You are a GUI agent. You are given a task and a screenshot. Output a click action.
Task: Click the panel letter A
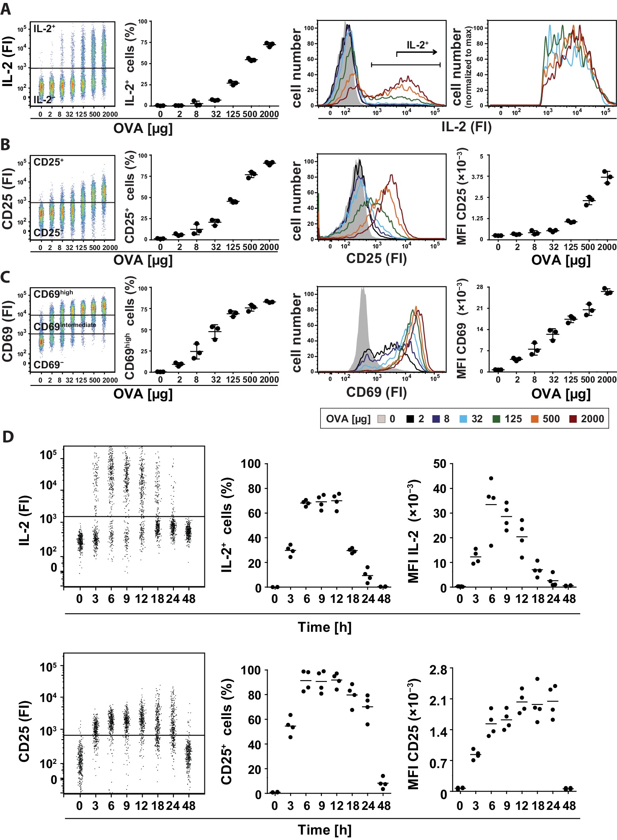point(5,9)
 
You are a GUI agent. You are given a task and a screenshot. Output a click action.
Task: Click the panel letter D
point(8,437)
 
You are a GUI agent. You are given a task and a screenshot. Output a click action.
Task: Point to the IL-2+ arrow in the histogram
point(417,52)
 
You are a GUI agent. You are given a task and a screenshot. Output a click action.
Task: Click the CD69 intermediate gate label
point(65,326)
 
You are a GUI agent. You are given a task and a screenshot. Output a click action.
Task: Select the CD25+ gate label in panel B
point(48,162)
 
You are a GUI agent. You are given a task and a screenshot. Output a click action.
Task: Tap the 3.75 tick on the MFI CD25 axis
point(477,177)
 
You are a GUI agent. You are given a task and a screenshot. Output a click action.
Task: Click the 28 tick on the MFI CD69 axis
point(479,287)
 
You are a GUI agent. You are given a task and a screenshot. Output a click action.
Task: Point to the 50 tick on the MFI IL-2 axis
point(439,464)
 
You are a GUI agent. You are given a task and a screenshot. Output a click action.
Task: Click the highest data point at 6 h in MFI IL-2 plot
point(491,478)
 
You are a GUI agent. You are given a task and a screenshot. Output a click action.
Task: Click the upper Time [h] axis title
point(324,627)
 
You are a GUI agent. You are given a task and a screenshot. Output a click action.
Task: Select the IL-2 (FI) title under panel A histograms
point(466,127)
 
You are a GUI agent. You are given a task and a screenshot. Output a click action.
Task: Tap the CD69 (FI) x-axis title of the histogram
point(376,392)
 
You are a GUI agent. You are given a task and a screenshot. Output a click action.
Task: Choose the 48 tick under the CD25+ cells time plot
point(384,806)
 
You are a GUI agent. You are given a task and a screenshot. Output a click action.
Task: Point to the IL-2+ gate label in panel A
point(44,29)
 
